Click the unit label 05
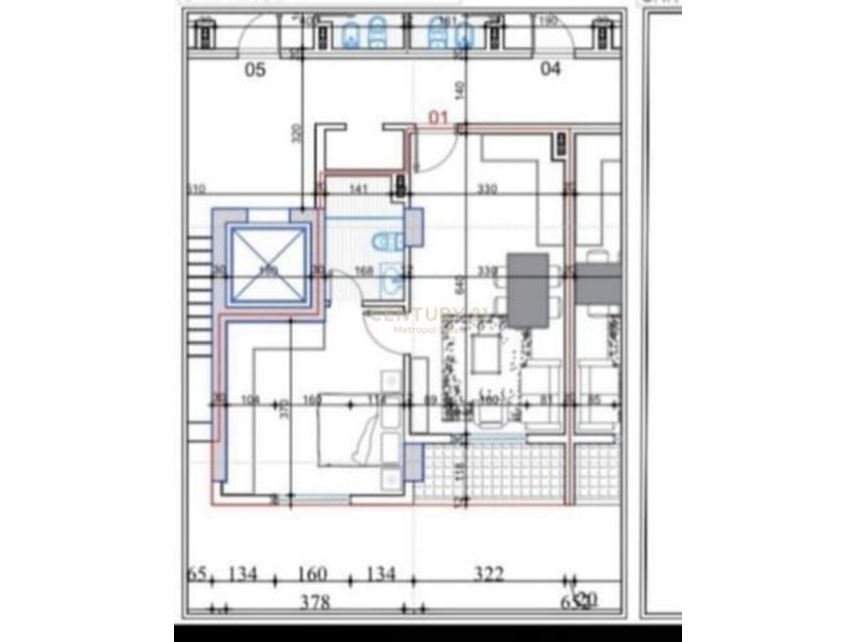[254, 70]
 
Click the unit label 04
[551, 69]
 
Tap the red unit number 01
[439, 118]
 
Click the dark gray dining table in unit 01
[528, 289]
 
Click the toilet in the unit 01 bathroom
[387, 242]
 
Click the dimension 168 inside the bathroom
[363, 269]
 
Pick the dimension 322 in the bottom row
[489, 574]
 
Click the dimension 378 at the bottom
[315, 602]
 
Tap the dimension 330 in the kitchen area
[485, 190]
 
